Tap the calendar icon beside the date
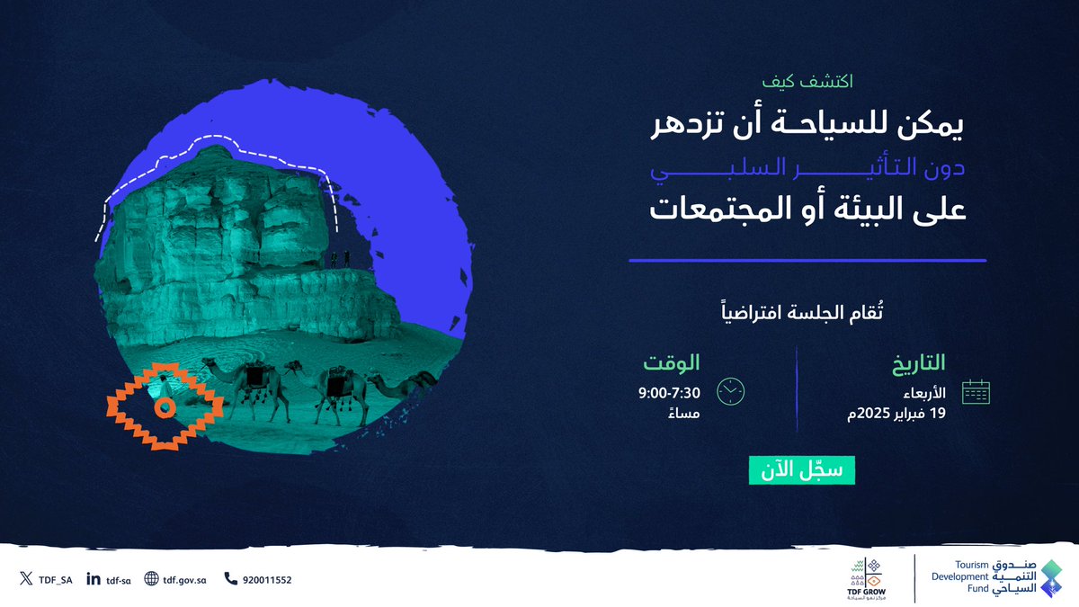coord(975,392)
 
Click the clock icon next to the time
coord(730,391)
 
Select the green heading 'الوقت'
coord(670,364)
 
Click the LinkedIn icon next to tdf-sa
coord(94,579)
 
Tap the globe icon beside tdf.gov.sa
coord(151,579)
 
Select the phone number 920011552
coord(266,580)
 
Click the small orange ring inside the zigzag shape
coord(163,407)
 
